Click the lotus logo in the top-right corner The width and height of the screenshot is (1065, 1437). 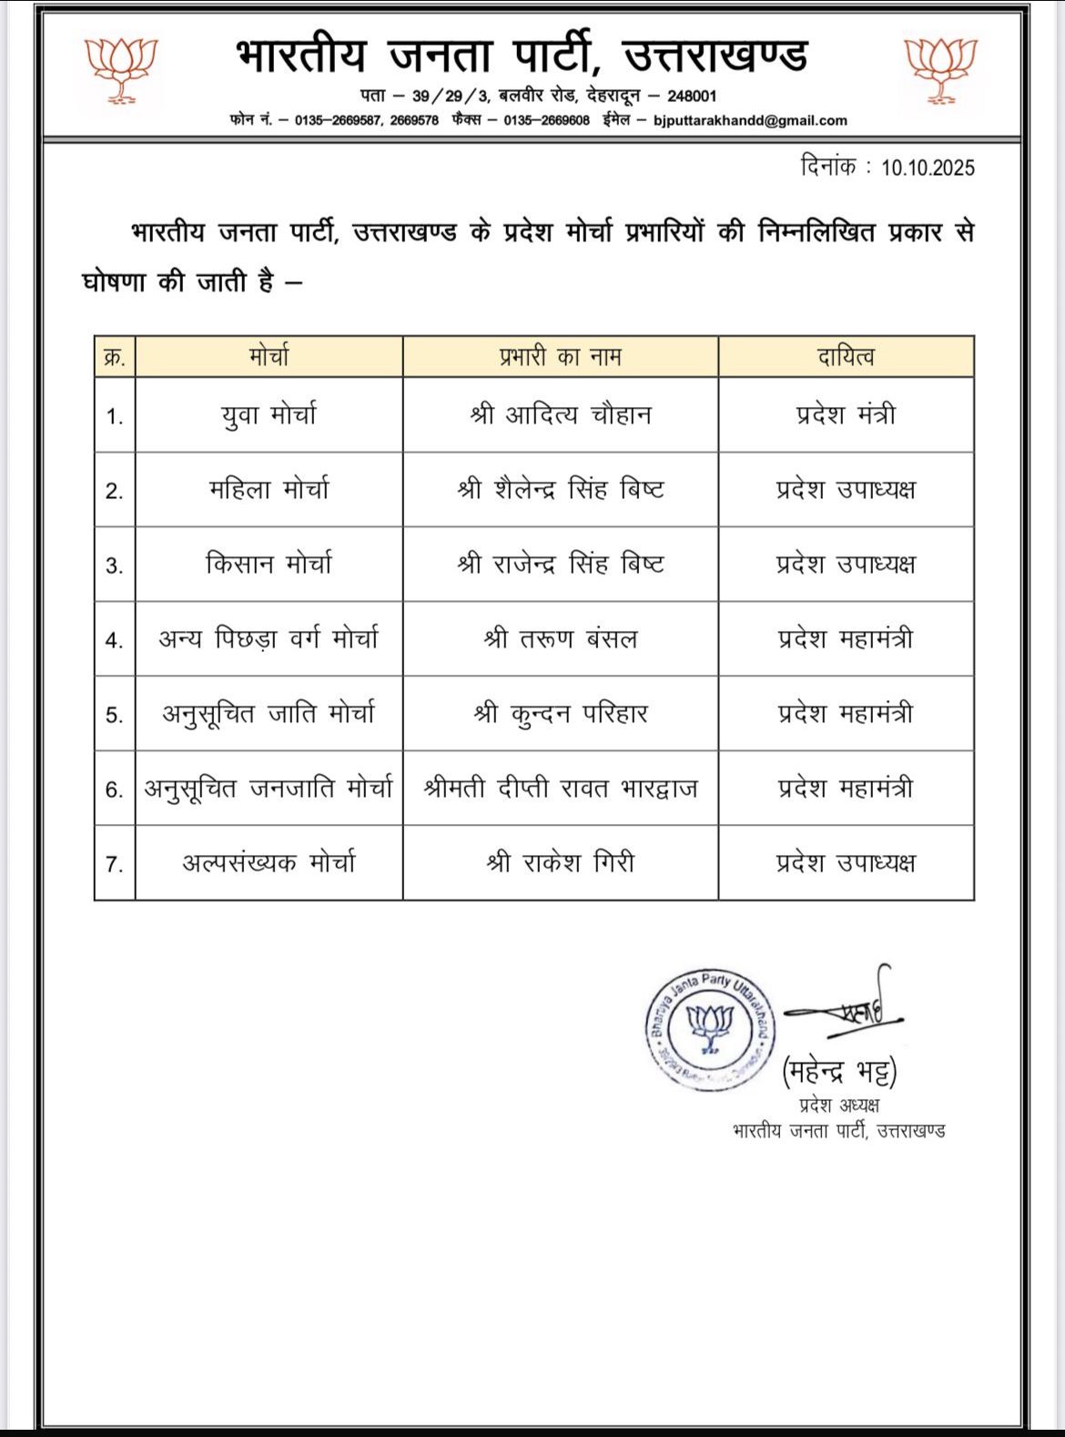click(941, 70)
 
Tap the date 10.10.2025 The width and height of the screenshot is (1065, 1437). click(928, 168)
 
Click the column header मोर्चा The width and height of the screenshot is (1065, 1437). click(269, 357)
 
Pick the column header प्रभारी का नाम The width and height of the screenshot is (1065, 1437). click(560, 357)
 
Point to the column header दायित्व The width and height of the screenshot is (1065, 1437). click(846, 357)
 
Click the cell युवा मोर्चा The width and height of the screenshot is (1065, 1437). click(269, 415)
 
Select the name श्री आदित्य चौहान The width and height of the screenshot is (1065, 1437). click(560, 415)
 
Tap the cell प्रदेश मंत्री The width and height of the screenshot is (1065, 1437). click(846, 415)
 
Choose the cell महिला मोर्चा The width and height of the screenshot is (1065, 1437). click(269, 490)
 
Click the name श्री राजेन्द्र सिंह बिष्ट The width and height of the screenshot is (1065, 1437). click(560, 565)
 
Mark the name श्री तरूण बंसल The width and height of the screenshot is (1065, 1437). click(560, 639)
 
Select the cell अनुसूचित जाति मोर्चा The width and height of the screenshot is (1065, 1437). click(269, 714)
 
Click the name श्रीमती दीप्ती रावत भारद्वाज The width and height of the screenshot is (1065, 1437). click(560, 789)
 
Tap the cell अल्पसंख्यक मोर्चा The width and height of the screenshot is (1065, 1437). click(269, 863)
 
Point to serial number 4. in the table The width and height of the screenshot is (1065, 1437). click(114, 640)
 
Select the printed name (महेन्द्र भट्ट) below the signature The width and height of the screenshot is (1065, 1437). click(839, 1072)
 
